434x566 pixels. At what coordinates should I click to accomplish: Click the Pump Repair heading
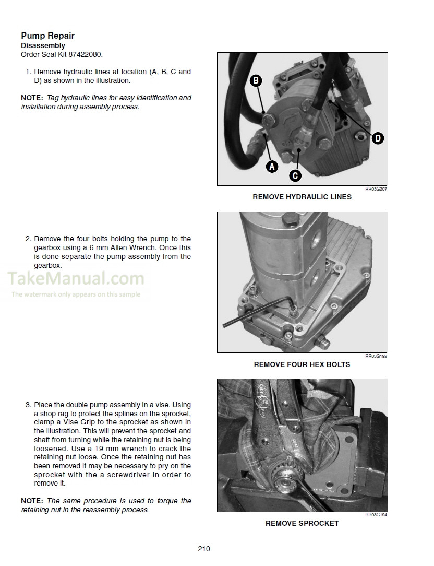tap(47, 36)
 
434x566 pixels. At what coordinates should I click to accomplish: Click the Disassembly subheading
tap(43, 46)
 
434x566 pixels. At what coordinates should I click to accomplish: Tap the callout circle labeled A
tap(272, 167)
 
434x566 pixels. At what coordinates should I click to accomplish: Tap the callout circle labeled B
tap(256, 80)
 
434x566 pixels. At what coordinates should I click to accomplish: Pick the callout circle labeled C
tap(295, 175)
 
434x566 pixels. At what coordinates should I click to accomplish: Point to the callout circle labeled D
tap(378, 138)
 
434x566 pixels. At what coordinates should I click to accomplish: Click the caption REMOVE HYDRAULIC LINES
tap(302, 197)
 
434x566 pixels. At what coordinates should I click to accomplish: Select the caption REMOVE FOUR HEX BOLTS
tap(302, 364)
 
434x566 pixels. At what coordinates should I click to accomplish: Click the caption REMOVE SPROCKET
tap(302, 523)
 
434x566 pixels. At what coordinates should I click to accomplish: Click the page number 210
tap(203, 548)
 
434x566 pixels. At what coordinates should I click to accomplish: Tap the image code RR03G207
tap(376, 189)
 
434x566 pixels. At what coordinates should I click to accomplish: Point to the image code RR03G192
tap(376, 356)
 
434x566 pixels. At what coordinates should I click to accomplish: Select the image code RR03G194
tap(376, 515)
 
